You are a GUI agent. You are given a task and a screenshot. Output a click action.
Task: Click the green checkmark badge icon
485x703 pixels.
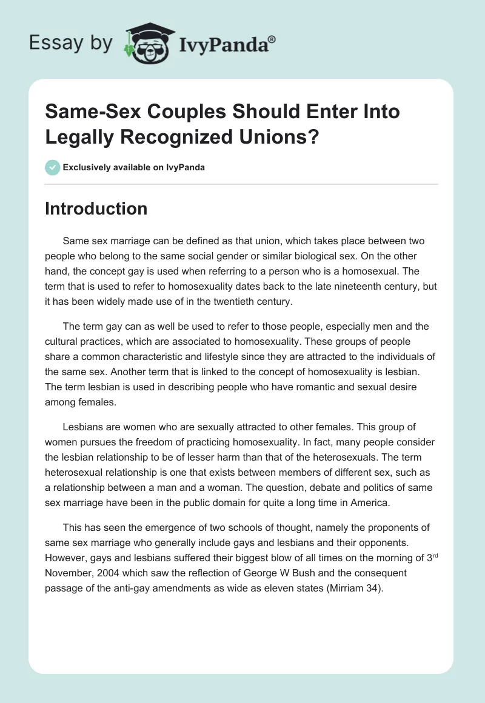[53, 167]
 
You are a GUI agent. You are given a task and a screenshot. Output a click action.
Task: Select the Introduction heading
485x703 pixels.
[96, 208]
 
